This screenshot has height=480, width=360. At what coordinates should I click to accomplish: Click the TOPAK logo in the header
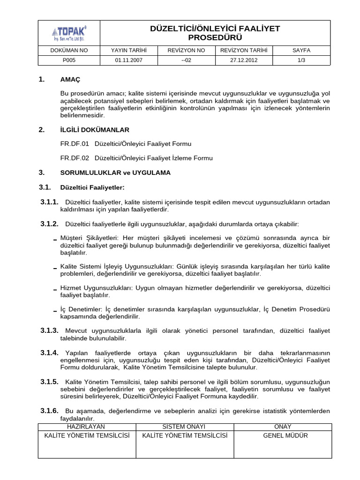pos(69,33)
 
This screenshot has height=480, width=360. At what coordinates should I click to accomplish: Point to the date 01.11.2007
pos(129,60)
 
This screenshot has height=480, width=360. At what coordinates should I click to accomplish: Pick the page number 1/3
pos(301,60)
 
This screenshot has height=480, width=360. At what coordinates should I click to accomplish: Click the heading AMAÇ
pos(70,80)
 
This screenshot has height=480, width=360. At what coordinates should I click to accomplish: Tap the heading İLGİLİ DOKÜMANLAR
pos(95,130)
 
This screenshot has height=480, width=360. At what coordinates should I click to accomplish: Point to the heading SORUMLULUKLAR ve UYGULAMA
pos(115,172)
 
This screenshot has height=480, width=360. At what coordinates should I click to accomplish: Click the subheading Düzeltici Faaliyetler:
pos(92,187)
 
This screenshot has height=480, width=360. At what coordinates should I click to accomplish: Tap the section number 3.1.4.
pos(49,352)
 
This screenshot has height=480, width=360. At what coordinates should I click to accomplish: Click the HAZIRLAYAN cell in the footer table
pos(86,427)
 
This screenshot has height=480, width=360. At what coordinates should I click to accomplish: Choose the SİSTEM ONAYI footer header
pos(184,427)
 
